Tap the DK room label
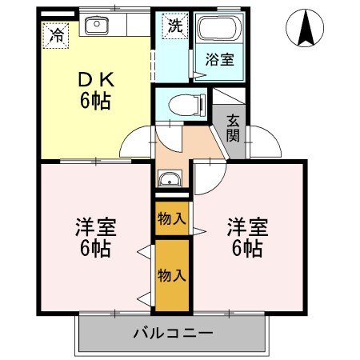pyautogui.click(x=95, y=81)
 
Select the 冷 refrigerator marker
pyautogui.click(x=56, y=34)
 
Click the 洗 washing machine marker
pyautogui.click(x=174, y=25)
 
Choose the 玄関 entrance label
pyautogui.click(x=234, y=127)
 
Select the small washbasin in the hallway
pyautogui.click(x=170, y=179)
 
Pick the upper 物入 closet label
pyautogui.click(x=172, y=218)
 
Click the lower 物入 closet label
pyautogui.click(x=172, y=275)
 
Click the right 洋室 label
pyautogui.click(x=246, y=226)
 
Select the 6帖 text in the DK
pyautogui.click(x=94, y=102)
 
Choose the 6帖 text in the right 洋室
pyautogui.click(x=246, y=248)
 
